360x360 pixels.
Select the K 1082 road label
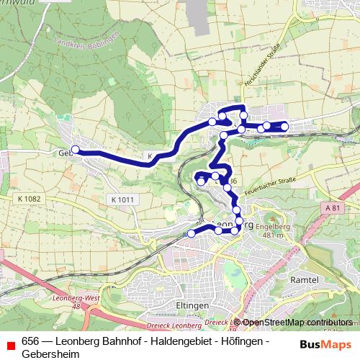(28, 198)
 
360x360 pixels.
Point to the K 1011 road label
(123, 199)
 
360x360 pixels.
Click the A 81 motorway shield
(331, 208)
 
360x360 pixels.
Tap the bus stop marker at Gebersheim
(75, 150)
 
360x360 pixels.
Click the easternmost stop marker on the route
(284, 127)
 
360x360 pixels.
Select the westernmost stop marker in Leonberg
(192, 233)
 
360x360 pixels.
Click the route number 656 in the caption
(30, 341)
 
